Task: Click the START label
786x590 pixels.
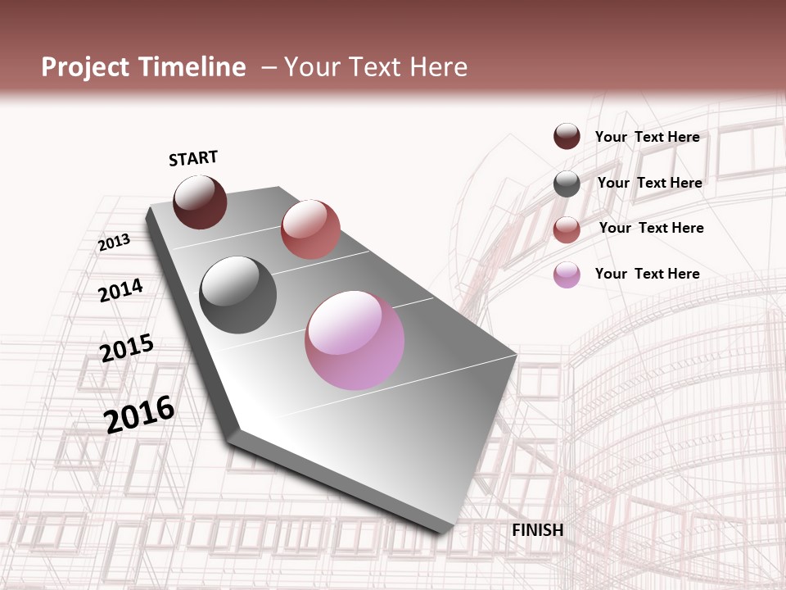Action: coord(193,158)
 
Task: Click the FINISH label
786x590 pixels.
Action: coord(537,530)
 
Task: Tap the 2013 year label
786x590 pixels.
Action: coord(115,243)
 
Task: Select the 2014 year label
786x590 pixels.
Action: coord(120,290)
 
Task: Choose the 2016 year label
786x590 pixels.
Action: coord(139,415)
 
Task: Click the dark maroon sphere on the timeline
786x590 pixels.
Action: coord(200,202)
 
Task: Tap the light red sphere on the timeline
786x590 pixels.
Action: coord(310,229)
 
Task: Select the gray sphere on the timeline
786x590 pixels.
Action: coord(238,295)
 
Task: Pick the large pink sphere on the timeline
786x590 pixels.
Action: coord(355,340)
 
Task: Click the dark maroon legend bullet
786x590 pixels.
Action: coord(567,136)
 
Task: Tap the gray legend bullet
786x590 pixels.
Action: coord(567,184)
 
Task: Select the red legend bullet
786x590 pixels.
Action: coord(567,229)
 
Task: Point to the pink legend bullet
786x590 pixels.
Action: coord(567,275)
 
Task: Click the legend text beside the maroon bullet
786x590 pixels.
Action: coord(647,137)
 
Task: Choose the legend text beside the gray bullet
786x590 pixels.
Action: coord(649,183)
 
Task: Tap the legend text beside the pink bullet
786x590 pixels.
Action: coord(647,274)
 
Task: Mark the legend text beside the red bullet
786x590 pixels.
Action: coord(651,228)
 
